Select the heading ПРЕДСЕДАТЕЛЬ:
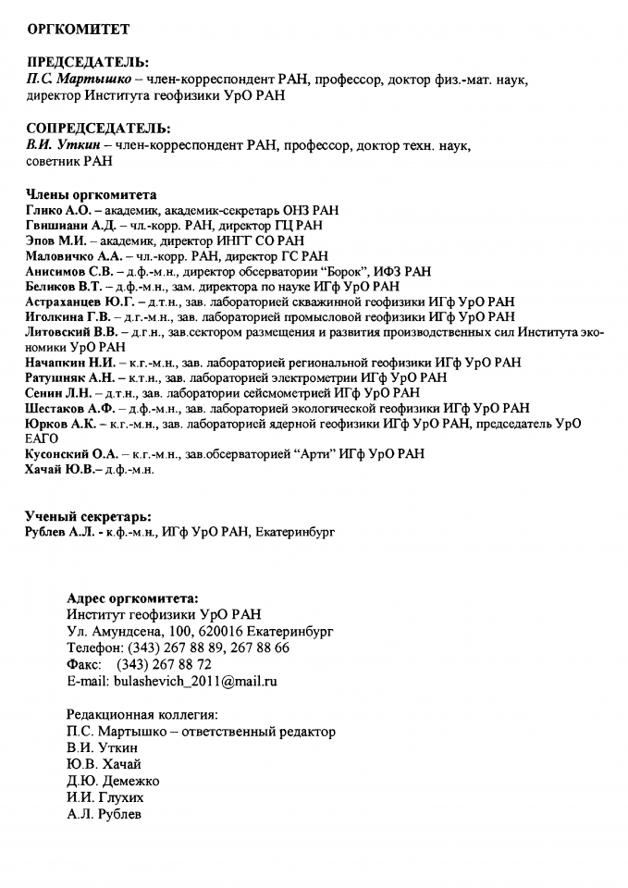[x=87, y=63]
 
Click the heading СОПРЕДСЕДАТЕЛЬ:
[x=98, y=129]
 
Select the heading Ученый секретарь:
[x=89, y=516]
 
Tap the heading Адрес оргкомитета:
[x=133, y=598]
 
